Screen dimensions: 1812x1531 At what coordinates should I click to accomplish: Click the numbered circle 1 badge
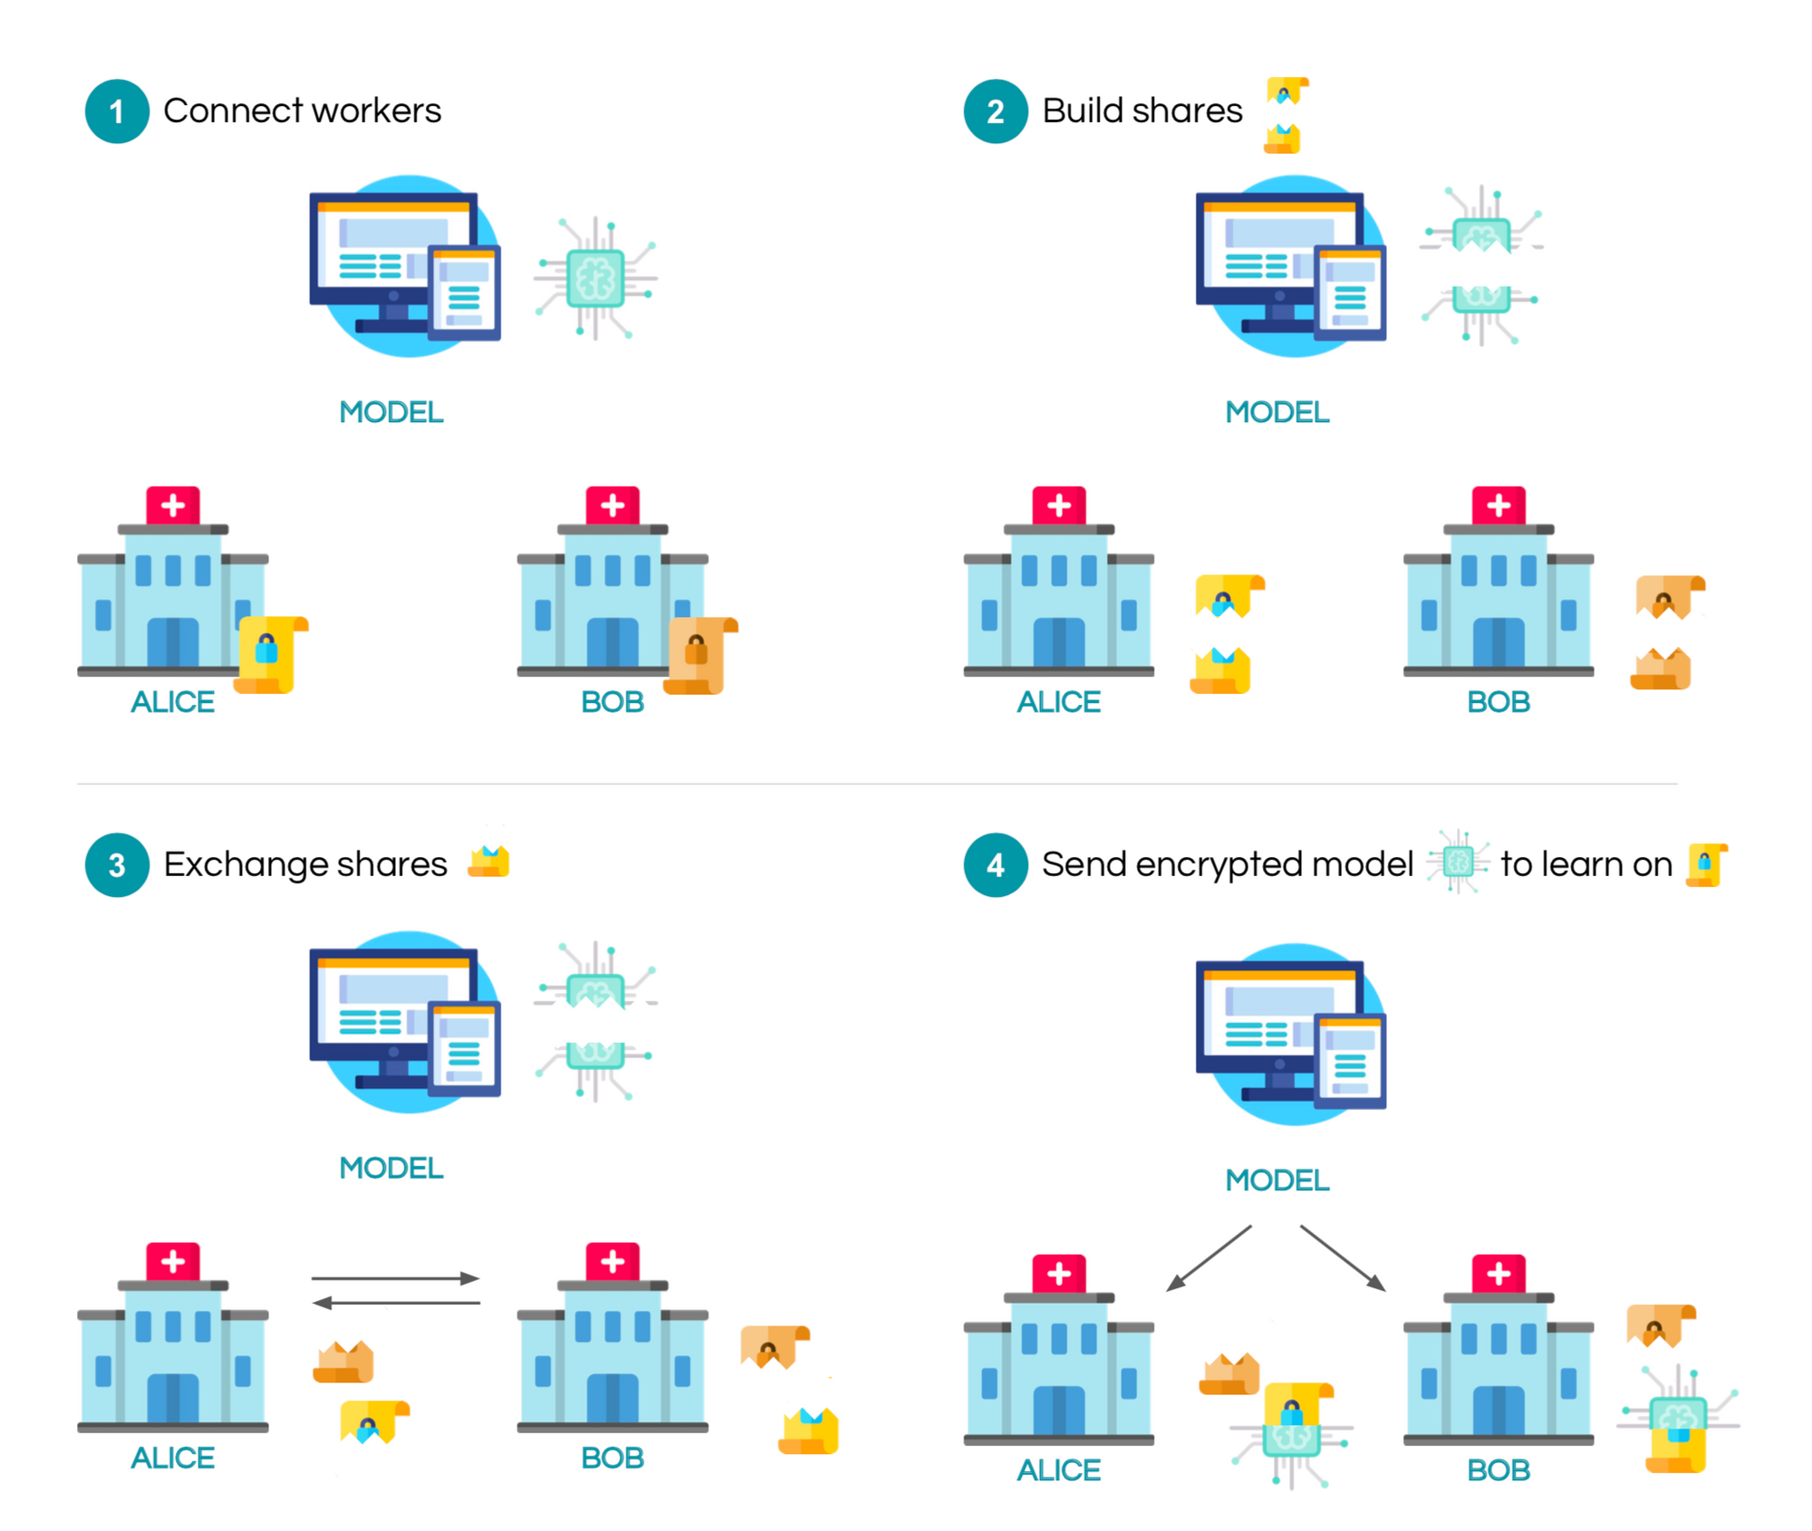point(117,111)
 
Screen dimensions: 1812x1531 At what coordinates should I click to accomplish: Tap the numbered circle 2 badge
point(996,111)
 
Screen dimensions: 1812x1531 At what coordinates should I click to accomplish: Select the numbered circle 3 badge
point(117,865)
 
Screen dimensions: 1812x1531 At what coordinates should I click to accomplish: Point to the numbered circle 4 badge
point(996,865)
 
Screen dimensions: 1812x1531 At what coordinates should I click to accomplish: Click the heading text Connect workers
point(302,111)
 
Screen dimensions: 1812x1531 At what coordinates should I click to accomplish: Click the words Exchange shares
point(305,864)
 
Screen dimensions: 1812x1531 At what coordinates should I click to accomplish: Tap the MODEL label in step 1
point(391,412)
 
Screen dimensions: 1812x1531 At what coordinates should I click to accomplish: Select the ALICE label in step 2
point(1058,702)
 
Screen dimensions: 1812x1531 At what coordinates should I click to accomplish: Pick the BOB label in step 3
point(612,1458)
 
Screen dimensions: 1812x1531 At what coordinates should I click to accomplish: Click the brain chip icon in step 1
point(595,278)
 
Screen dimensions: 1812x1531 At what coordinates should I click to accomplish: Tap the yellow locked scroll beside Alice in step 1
point(270,654)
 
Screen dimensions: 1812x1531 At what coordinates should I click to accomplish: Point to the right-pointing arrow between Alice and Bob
point(395,1278)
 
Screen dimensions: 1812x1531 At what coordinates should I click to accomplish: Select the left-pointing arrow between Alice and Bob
point(395,1303)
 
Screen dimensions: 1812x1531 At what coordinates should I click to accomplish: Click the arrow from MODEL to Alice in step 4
point(1209,1258)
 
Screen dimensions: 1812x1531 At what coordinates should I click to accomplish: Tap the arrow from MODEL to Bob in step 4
point(1344,1258)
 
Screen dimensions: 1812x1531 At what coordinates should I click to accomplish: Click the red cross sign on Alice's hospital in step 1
point(173,506)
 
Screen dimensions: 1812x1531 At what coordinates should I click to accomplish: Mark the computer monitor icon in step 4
point(1291,1035)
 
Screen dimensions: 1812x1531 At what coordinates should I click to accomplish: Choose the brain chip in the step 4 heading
point(1458,862)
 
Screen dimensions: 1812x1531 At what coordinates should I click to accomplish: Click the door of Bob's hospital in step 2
point(1499,642)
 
